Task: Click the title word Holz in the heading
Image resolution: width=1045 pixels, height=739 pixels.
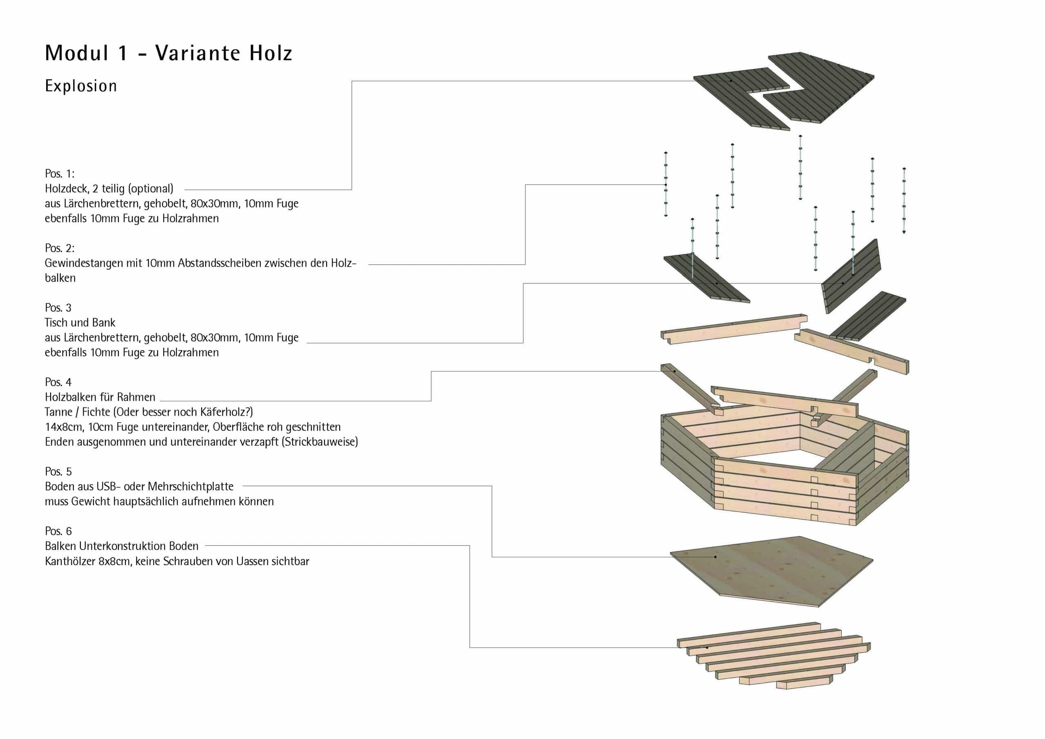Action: click(x=270, y=53)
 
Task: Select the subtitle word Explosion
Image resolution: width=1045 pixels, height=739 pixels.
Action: click(x=81, y=86)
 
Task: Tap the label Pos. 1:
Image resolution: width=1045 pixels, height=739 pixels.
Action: click(x=60, y=174)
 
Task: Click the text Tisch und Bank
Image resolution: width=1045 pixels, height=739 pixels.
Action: click(x=80, y=323)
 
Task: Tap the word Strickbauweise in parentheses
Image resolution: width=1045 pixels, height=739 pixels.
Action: click(x=319, y=442)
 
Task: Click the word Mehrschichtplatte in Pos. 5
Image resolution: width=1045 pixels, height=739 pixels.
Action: click(x=190, y=486)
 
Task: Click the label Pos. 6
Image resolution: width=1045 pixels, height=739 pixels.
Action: click(x=58, y=531)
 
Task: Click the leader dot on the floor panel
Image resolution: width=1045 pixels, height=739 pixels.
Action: click(x=716, y=557)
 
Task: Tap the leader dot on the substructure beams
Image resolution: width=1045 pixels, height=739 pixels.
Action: click(x=707, y=647)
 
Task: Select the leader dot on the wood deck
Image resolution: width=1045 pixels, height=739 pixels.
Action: click(x=731, y=81)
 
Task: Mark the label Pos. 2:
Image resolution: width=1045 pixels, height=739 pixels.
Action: click(x=60, y=248)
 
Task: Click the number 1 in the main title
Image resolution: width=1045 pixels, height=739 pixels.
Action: click(x=123, y=53)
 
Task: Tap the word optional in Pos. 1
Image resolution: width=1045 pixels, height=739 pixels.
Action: click(x=151, y=189)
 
